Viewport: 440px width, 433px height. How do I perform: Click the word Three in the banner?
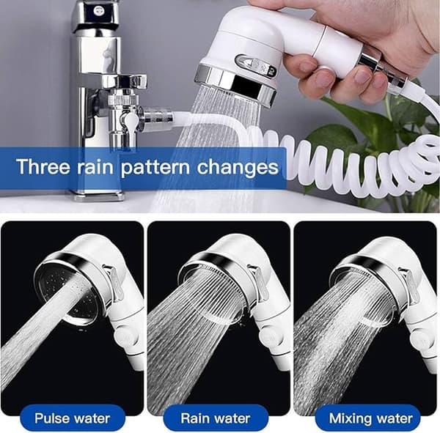(43, 166)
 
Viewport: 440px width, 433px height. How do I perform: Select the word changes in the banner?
(238, 168)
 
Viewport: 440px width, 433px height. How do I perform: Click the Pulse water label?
(72, 418)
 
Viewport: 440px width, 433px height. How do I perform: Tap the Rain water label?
(216, 418)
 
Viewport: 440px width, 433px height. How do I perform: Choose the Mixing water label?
(370, 418)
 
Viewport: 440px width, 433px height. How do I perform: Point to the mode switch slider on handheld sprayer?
(256, 66)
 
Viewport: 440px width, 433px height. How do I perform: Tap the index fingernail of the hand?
(307, 67)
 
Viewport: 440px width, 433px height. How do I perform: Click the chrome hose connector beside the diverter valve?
(157, 118)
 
